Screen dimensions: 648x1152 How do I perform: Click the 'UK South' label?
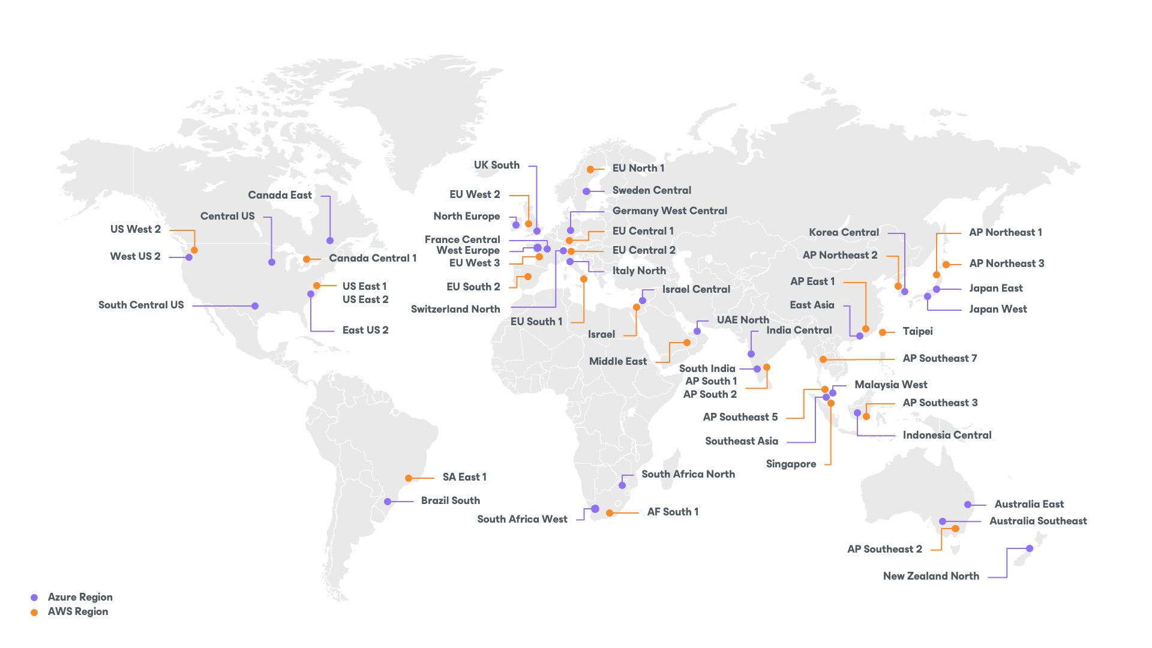pyautogui.click(x=496, y=166)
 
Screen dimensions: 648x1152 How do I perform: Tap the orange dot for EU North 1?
pyautogui.click(x=590, y=170)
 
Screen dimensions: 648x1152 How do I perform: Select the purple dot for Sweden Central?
pyautogui.click(x=586, y=191)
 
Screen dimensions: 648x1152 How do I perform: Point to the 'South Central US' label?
pyautogui.click(x=141, y=305)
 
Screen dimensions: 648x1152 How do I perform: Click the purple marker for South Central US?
pyautogui.click(x=255, y=306)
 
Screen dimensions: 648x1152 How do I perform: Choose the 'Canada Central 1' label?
pyautogui.click(x=373, y=258)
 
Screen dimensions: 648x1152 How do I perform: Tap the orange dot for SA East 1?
pyautogui.click(x=409, y=478)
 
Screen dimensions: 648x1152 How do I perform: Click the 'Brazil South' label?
pyautogui.click(x=450, y=500)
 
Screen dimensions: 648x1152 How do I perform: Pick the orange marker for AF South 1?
pyautogui.click(x=610, y=513)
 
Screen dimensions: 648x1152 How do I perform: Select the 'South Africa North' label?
pyautogui.click(x=688, y=474)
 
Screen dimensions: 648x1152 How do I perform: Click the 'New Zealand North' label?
pyautogui.click(x=931, y=576)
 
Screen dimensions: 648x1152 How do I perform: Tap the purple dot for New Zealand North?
pyautogui.click(x=1030, y=548)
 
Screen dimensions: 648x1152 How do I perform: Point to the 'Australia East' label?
pyautogui.click(x=1029, y=504)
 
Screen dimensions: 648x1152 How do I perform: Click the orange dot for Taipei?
pyautogui.click(x=883, y=332)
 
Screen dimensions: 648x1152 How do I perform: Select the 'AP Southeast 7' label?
pyautogui.click(x=940, y=358)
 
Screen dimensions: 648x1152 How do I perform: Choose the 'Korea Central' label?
pyautogui.click(x=844, y=232)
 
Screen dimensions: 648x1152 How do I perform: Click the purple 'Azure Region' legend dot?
pyautogui.click(x=34, y=598)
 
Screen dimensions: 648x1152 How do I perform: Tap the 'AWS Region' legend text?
pyautogui.click(x=78, y=611)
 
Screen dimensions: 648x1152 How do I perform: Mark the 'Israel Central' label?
pyautogui.click(x=696, y=289)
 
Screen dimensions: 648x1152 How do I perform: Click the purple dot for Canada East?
pyautogui.click(x=330, y=241)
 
